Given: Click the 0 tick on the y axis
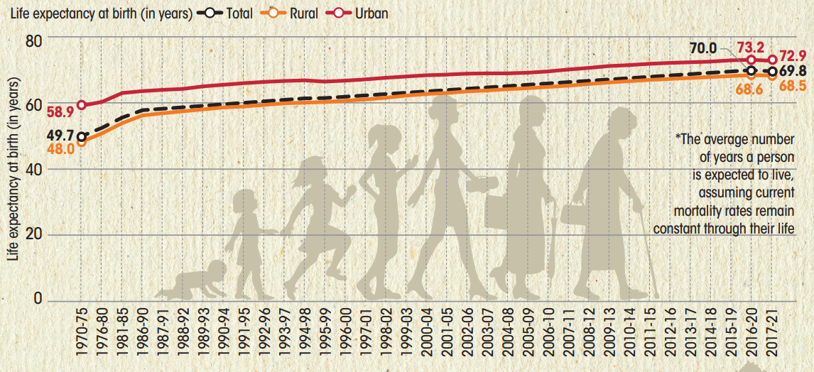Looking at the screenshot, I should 38,300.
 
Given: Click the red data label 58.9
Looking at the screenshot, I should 60,112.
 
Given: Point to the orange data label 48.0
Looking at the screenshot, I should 60,149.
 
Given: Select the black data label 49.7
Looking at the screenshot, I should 60,135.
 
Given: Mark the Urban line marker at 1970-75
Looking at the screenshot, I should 82,105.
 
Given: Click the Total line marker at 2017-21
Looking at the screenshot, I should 772,72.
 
